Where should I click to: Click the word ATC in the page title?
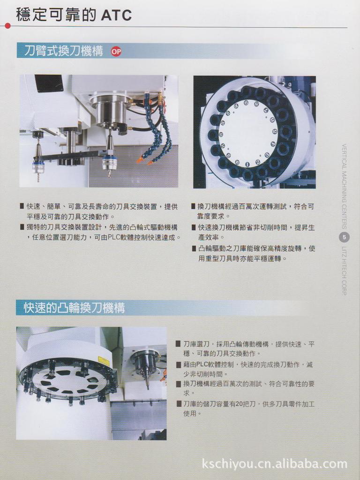click(x=116, y=15)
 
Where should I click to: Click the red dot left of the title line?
click(x=7, y=26)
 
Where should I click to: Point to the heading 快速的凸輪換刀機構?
click(x=74, y=308)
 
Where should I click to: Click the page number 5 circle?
click(x=345, y=237)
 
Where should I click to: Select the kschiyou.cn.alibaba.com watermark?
click(x=275, y=464)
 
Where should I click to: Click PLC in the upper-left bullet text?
click(x=114, y=237)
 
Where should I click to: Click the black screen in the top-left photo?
click(x=49, y=83)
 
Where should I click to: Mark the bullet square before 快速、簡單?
click(x=22, y=206)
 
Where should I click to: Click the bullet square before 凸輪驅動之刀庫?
click(x=194, y=248)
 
